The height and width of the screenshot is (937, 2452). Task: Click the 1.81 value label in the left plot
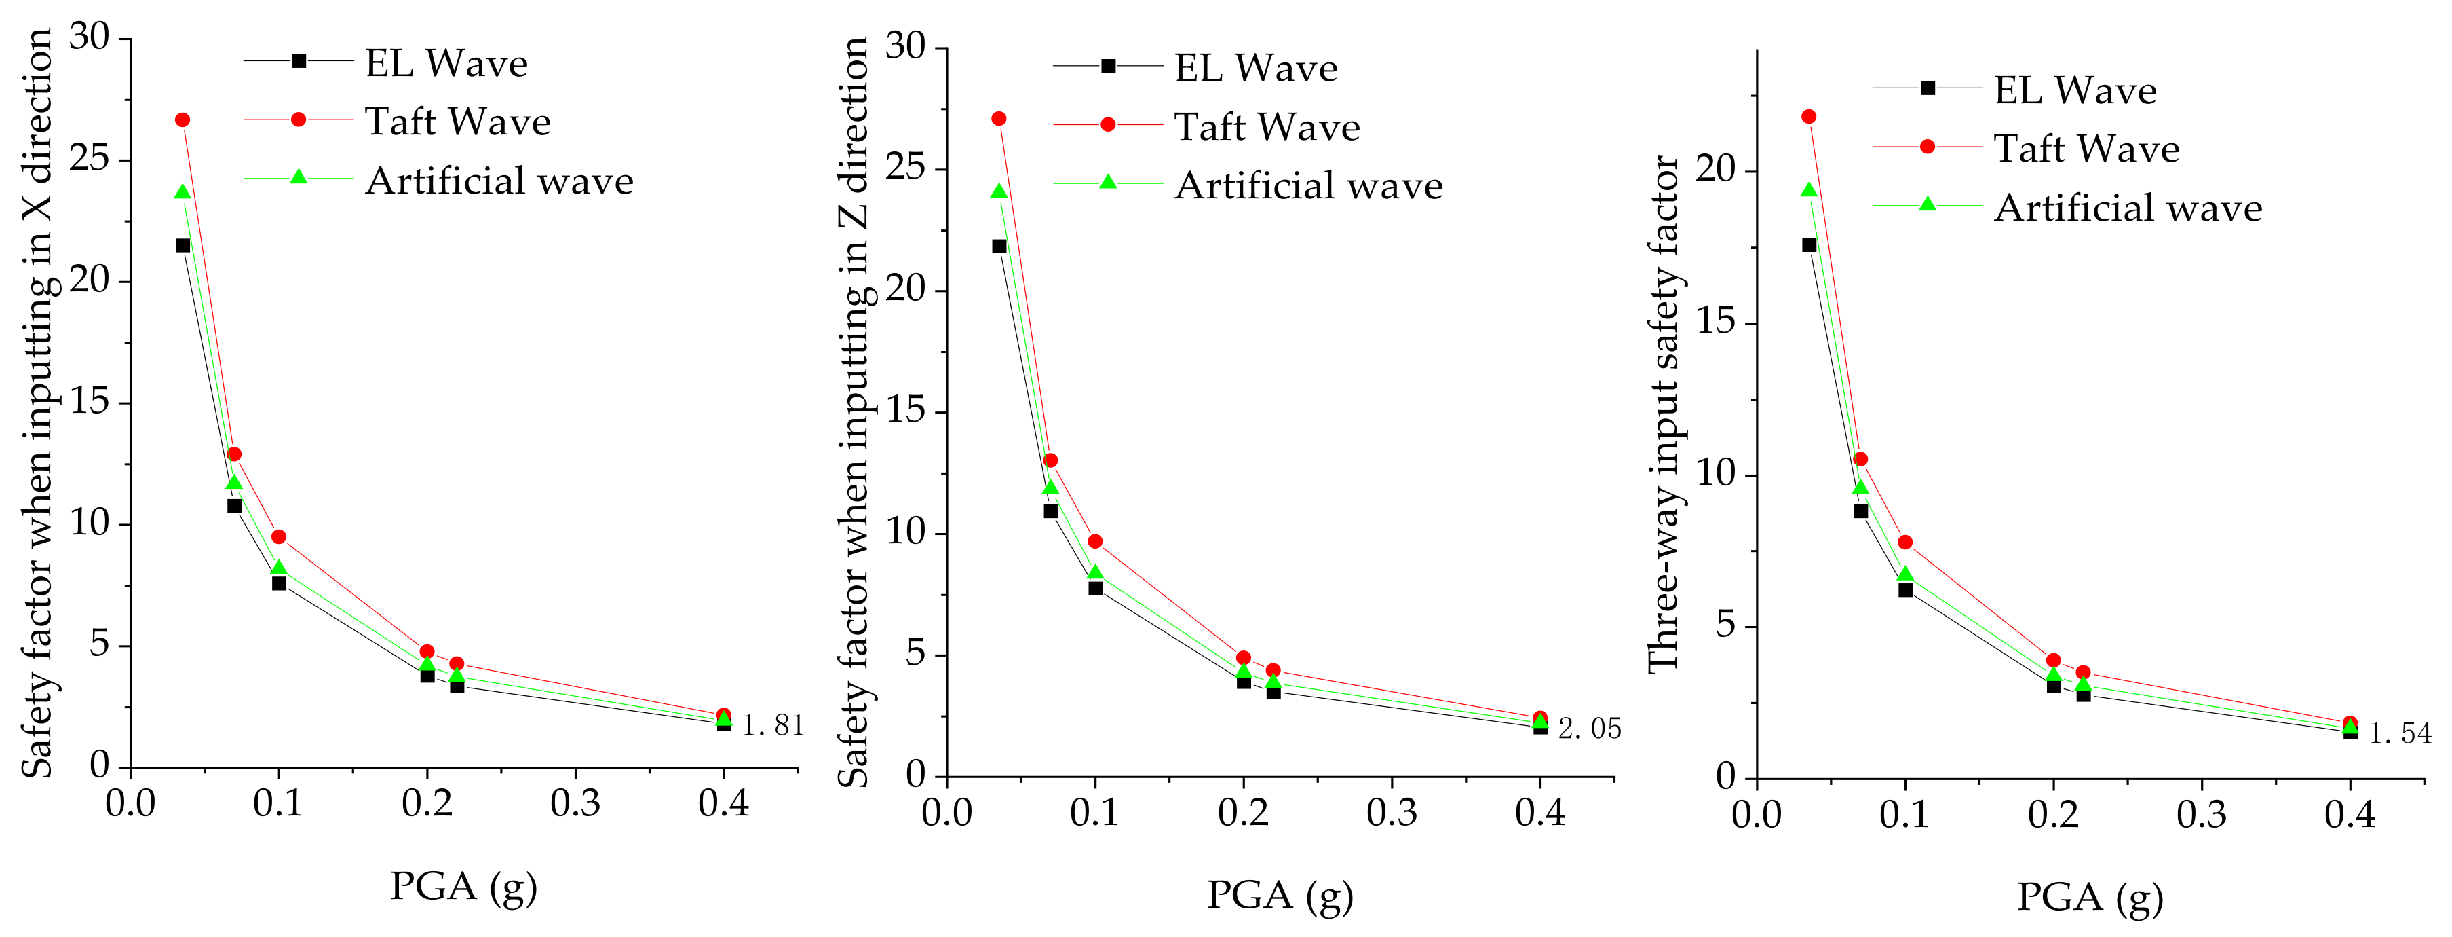click(773, 726)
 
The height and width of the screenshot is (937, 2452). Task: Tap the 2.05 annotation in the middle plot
click(1589, 729)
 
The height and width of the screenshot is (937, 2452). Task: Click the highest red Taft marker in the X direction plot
click(182, 120)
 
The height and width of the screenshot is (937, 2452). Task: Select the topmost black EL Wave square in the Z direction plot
click(999, 246)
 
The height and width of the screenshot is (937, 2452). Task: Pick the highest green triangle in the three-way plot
click(1809, 190)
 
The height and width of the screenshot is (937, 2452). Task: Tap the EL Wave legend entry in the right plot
click(2074, 90)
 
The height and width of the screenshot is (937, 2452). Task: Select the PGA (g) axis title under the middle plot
click(1280, 895)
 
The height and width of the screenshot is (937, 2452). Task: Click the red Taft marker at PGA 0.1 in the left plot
click(278, 537)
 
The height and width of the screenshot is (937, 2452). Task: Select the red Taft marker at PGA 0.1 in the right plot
click(1904, 543)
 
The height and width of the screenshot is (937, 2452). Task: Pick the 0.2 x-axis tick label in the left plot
click(427, 804)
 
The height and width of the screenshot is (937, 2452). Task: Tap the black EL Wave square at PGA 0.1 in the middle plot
click(1096, 589)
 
